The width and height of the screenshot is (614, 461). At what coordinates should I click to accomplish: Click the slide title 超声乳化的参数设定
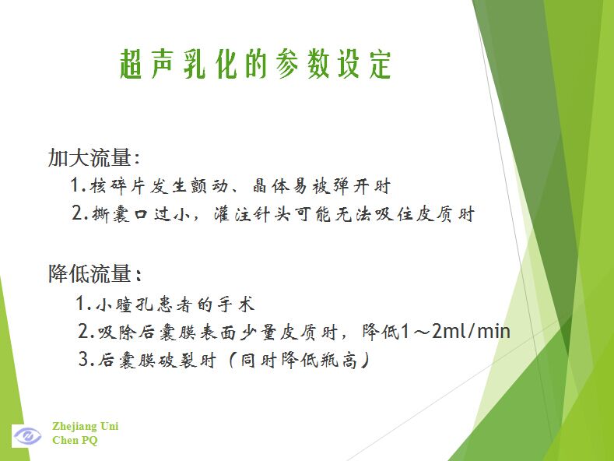tap(255, 64)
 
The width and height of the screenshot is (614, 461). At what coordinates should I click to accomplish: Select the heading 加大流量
tap(89, 157)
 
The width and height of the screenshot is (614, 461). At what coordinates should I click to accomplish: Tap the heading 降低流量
tap(89, 273)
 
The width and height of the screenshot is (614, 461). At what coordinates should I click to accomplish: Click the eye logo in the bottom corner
tap(26, 435)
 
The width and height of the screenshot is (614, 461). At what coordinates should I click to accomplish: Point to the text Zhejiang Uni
tap(86, 426)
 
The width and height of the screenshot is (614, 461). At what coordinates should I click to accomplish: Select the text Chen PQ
tap(75, 440)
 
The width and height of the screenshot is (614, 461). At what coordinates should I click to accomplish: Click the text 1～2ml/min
tap(455, 331)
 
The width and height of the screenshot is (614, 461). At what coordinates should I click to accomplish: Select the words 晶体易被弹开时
tap(321, 186)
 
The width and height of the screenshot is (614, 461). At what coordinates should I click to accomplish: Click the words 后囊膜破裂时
tap(157, 360)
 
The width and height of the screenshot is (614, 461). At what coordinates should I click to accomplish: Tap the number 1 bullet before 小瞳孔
tap(81, 304)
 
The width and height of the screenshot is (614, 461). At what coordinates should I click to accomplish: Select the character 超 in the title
tap(132, 65)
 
